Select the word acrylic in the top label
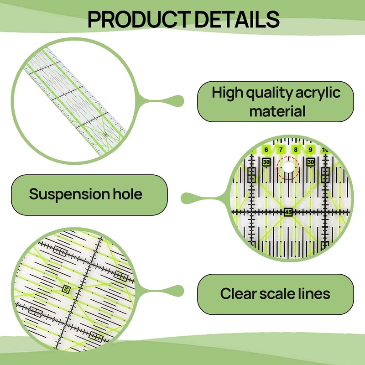coord(318,93)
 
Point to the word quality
coord(269,93)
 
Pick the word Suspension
coord(66,194)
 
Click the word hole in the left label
coord(125,194)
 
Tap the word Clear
coord(240,293)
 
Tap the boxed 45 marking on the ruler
coord(288,212)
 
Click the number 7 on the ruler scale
coord(281,150)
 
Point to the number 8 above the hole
coord(296,150)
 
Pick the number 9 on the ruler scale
coord(310,150)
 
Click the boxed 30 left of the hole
coord(266,162)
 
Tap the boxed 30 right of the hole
coord(311,162)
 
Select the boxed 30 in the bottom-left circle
coord(67,289)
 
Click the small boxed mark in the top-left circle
coord(105,135)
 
